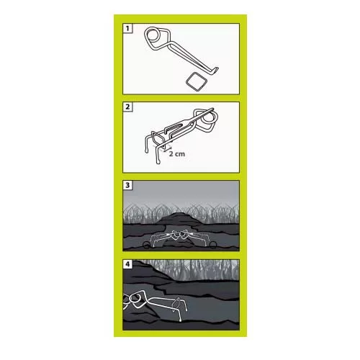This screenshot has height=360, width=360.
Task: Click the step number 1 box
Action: click(127, 28)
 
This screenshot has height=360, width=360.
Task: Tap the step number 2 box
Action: click(127, 107)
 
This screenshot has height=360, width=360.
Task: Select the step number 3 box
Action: click(127, 185)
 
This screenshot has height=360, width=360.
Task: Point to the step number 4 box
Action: click(127, 264)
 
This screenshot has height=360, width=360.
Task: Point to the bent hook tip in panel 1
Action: click(217, 71)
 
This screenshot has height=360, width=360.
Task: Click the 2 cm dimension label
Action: click(177, 153)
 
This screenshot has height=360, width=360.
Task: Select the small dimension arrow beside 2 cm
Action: click(166, 149)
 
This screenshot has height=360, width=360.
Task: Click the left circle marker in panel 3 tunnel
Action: click(147, 245)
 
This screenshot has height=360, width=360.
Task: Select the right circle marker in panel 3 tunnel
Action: click(213, 245)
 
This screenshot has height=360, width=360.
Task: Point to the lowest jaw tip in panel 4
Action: click(179, 320)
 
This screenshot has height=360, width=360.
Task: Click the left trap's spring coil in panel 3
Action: click(176, 234)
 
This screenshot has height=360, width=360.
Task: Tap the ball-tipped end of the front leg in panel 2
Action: click(158, 163)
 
